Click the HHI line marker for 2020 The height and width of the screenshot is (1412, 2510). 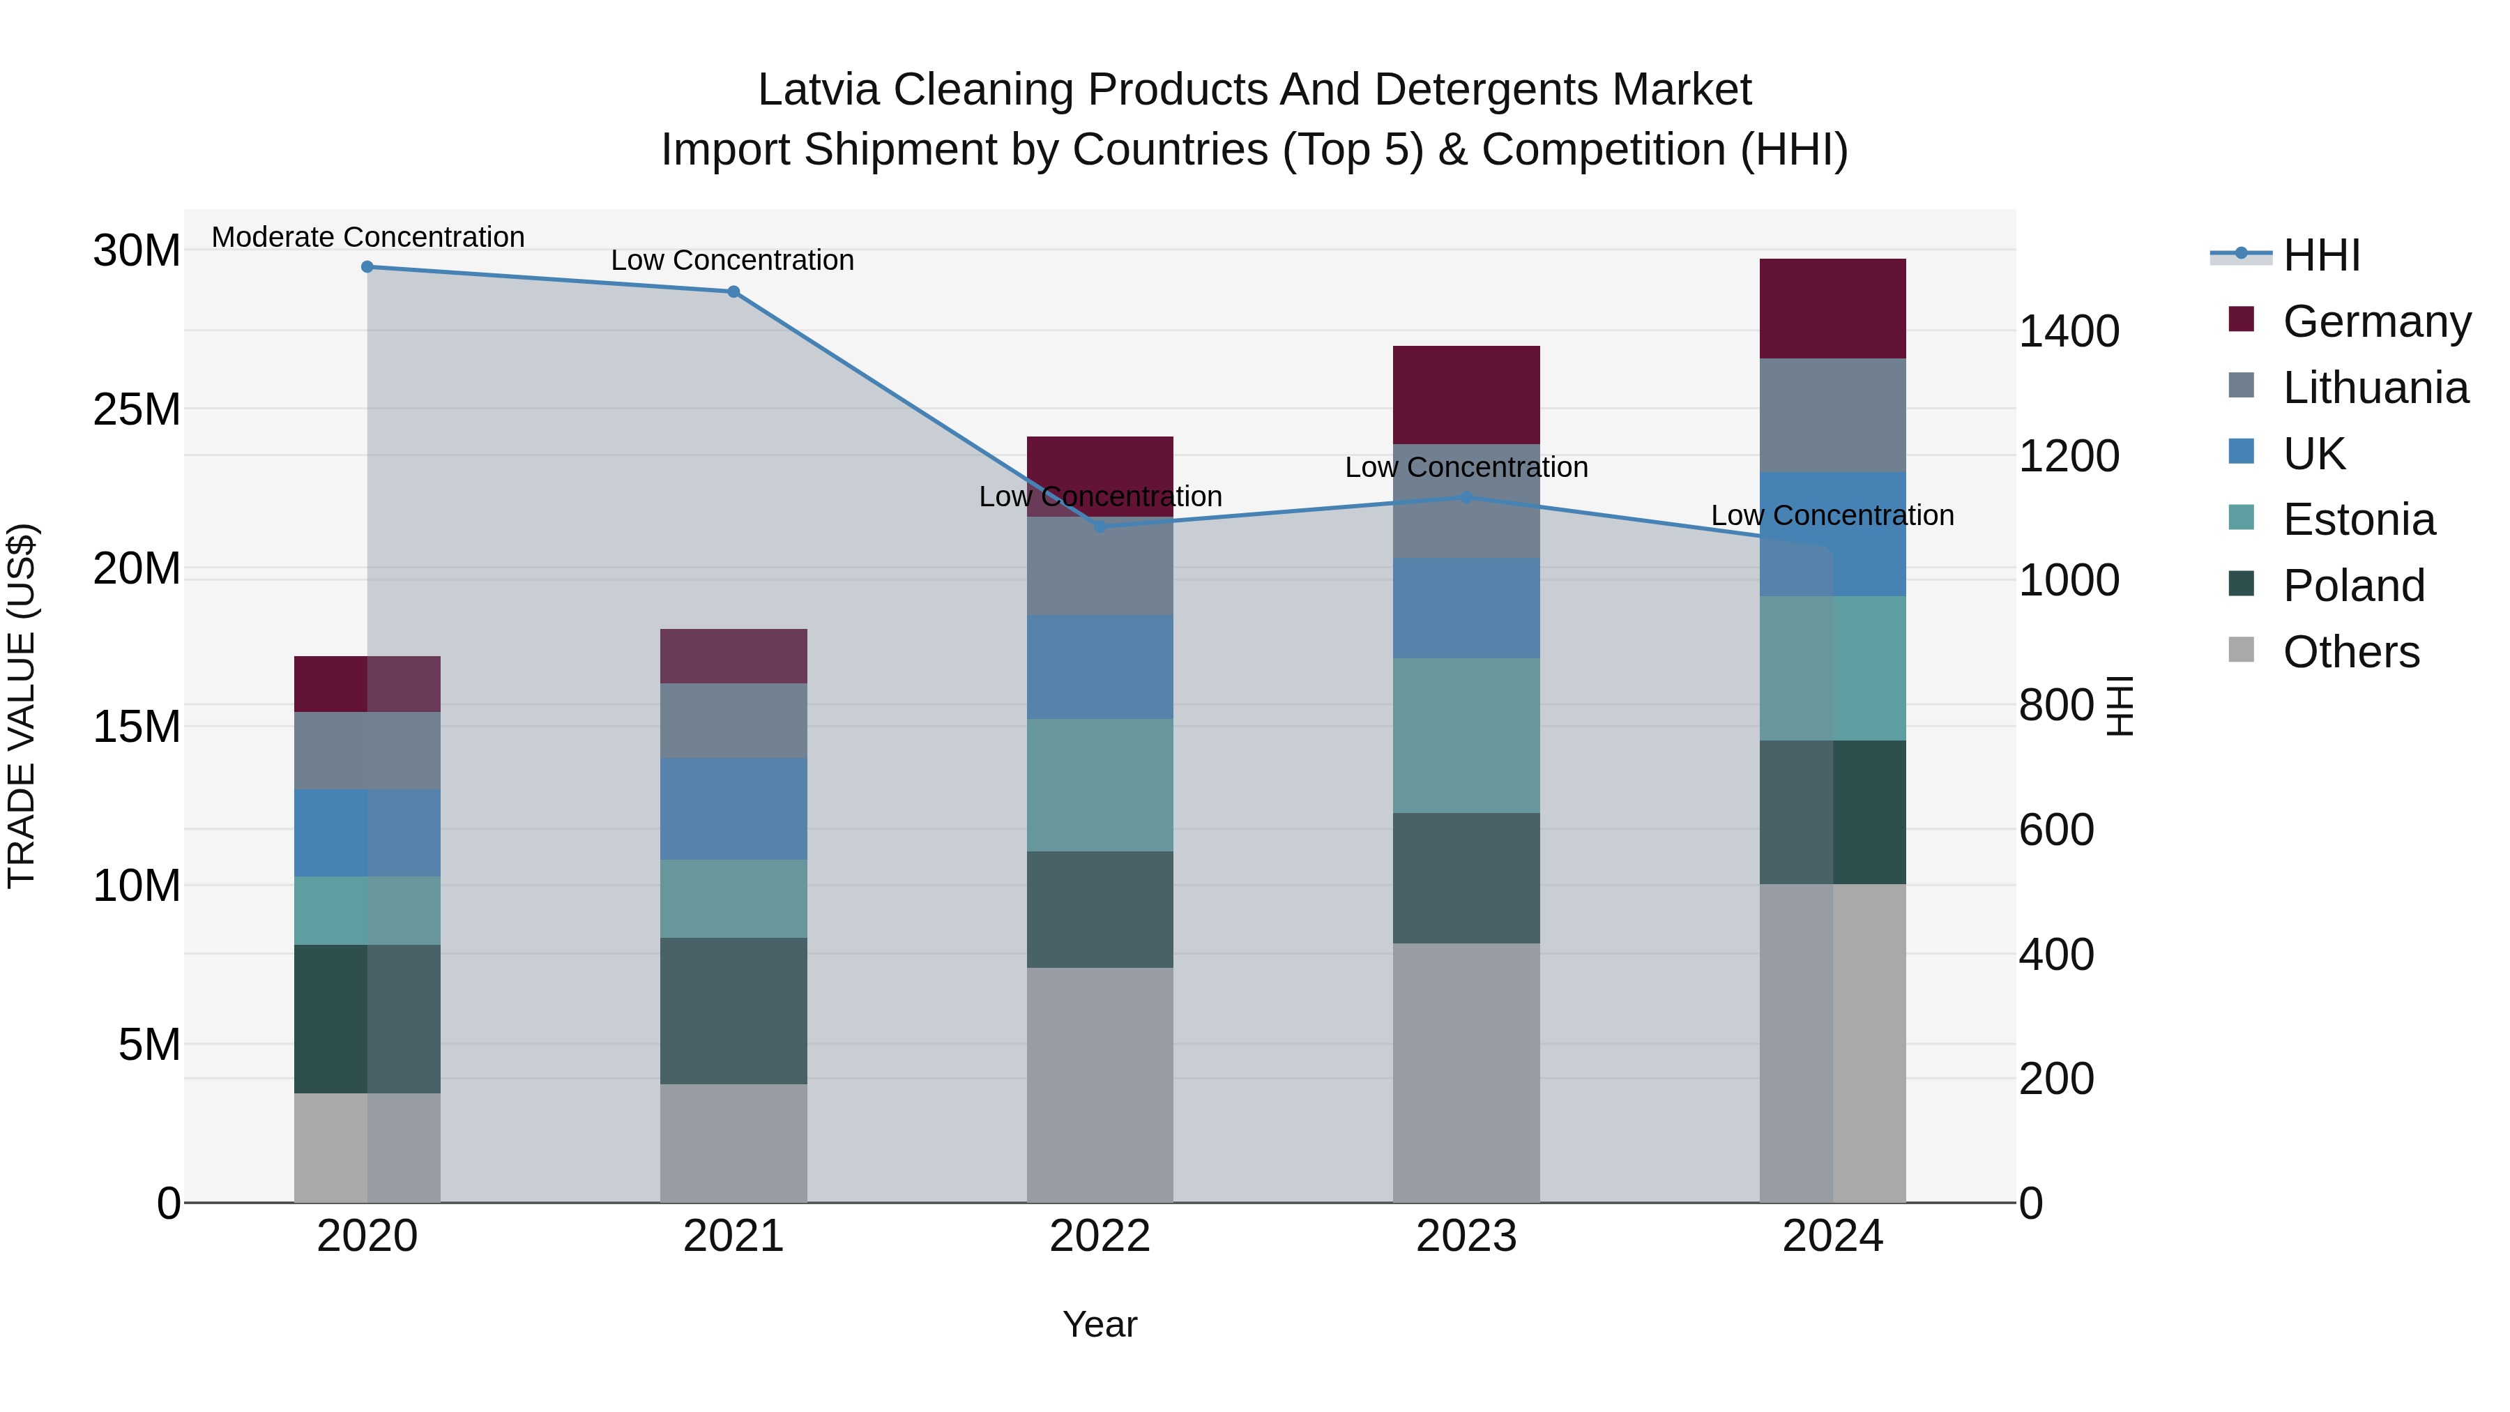click(367, 267)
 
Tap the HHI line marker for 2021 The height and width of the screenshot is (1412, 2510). click(733, 291)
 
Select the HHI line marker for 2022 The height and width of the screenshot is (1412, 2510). click(1100, 526)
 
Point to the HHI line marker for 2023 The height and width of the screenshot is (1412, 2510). click(1466, 497)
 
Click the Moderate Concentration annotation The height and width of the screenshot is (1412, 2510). click(367, 237)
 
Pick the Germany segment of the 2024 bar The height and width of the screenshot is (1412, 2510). click(1833, 308)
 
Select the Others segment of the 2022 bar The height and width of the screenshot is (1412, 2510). click(1100, 1084)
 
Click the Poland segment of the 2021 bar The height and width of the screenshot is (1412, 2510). click(733, 1010)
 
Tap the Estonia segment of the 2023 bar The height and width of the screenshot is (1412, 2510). click(1466, 735)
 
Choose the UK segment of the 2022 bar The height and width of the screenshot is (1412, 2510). click(1100, 667)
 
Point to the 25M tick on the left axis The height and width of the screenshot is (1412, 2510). click(137, 409)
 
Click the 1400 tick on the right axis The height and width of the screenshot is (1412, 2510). click(2068, 331)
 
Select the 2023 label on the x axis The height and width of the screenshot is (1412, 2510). click(1466, 1236)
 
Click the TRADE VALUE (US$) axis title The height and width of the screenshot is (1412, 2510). click(22, 706)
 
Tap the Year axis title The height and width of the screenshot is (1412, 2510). click(1100, 1324)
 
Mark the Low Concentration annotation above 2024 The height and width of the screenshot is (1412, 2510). click(1833, 515)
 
